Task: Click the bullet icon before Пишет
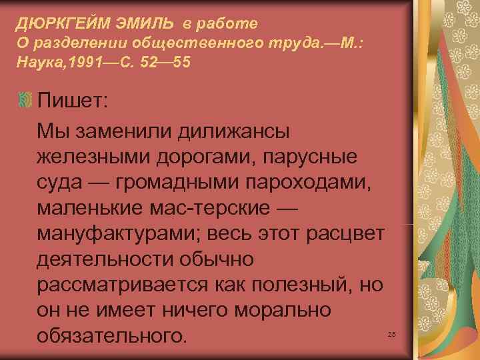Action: (x=24, y=101)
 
